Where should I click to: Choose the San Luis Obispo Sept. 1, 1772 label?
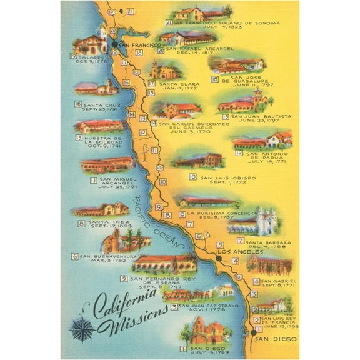coord(224,179)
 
